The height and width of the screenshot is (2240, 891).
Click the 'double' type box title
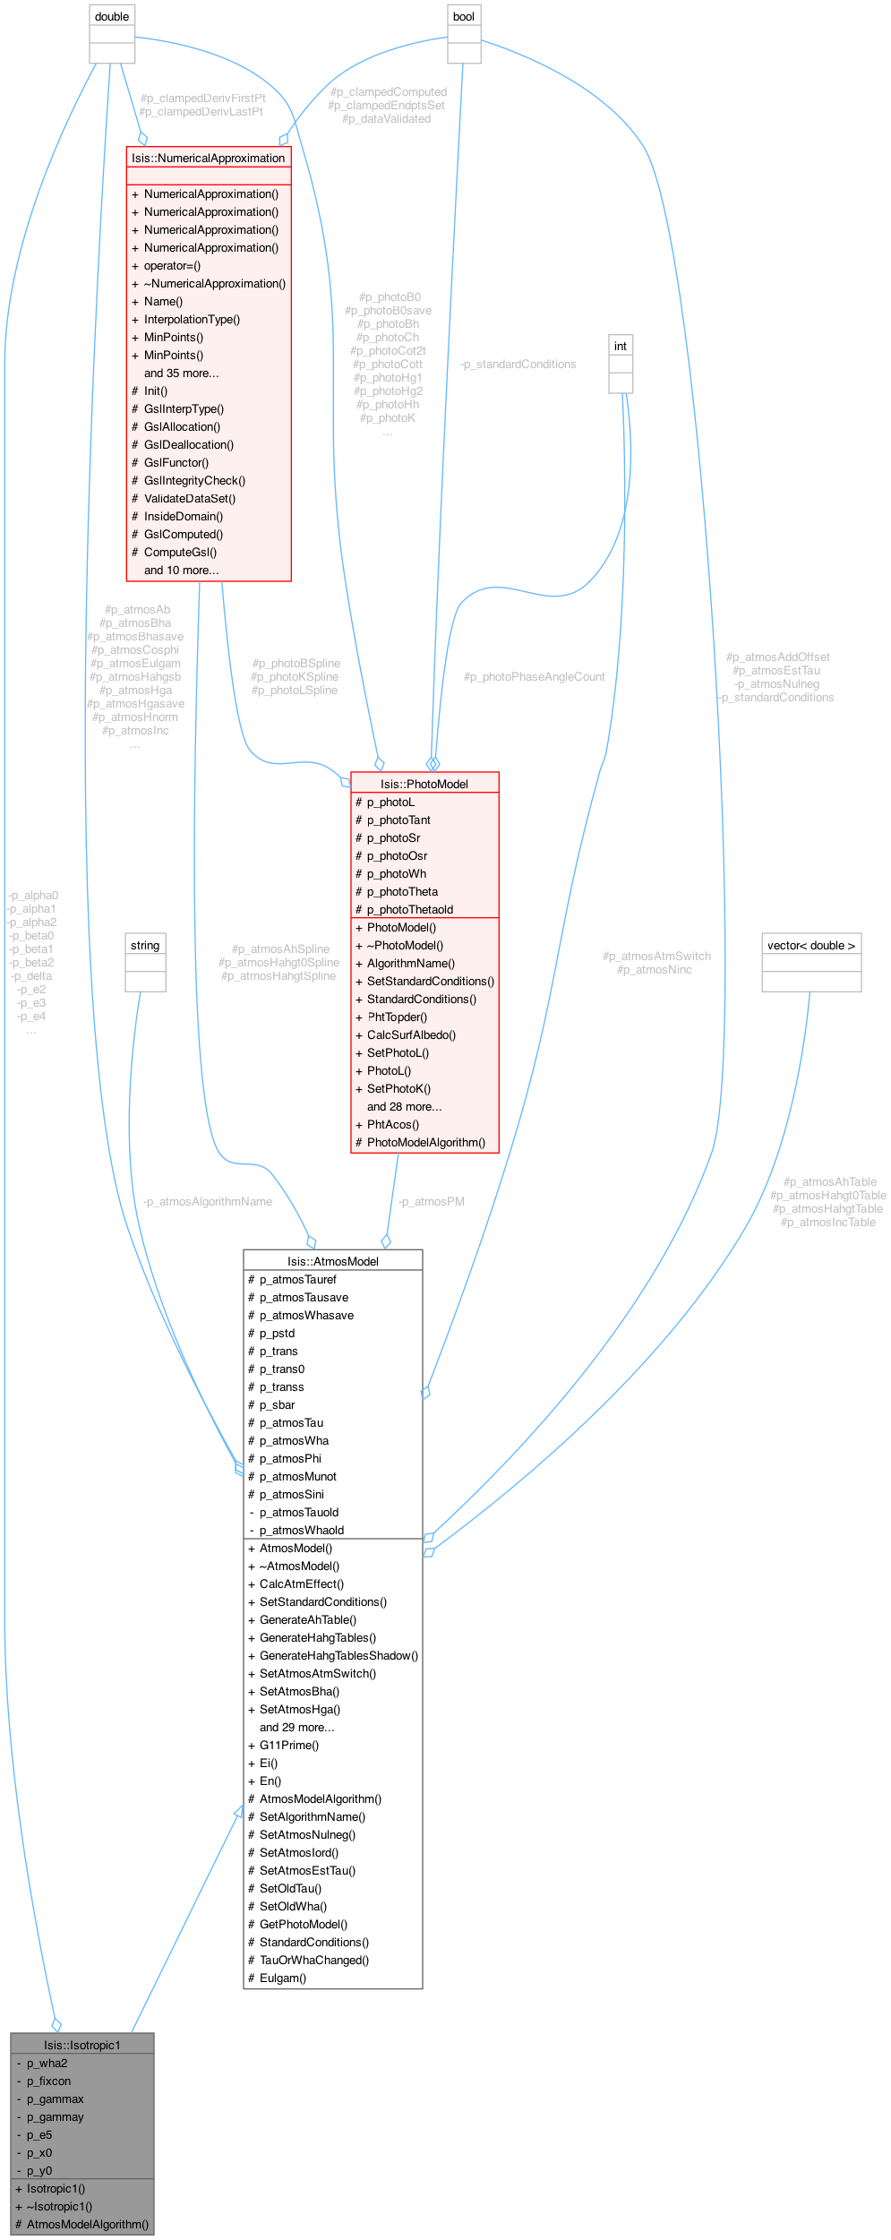click(x=112, y=17)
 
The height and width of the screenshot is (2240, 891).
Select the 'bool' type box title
click(x=464, y=17)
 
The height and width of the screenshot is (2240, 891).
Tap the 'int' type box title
click(x=621, y=347)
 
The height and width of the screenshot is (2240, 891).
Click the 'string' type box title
click(x=145, y=946)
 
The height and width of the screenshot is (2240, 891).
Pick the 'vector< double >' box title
click(x=811, y=946)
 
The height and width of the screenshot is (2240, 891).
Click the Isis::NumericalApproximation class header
click(x=209, y=159)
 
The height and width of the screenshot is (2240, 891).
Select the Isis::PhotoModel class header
click(x=424, y=784)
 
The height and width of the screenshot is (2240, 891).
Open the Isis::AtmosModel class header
click(x=332, y=1261)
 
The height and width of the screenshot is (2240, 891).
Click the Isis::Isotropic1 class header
click(x=82, y=2045)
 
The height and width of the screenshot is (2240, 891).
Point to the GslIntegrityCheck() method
click(x=194, y=481)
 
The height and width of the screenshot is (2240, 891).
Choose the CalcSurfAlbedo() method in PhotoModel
click(x=411, y=1035)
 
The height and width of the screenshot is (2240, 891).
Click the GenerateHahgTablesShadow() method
click(x=338, y=1656)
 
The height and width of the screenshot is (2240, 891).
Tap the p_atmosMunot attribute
click(x=298, y=1477)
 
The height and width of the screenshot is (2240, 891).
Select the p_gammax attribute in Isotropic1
click(x=56, y=2098)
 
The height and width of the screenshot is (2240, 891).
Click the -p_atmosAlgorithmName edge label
click(x=208, y=1202)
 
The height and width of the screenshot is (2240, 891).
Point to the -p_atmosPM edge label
click(x=432, y=1202)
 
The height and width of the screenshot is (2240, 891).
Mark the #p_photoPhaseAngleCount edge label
click(x=535, y=677)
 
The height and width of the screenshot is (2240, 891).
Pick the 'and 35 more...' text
click(x=182, y=373)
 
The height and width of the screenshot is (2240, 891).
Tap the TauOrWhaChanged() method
click(x=314, y=1961)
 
